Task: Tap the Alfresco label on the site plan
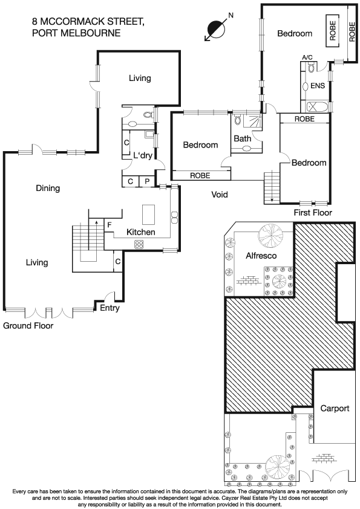coord(261,256)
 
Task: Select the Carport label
coord(335,408)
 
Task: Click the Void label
coord(219,195)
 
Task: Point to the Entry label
coord(110,308)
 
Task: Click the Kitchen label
coord(140,232)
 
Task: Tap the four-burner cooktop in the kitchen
coord(138,244)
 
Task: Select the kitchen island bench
coord(149,215)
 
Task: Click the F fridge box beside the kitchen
coord(110,225)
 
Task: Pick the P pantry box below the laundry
coord(146,181)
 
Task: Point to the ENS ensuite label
coord(318,86)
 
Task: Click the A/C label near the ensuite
coord(307,57)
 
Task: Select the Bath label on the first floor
coord(242,139)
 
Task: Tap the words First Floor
coord(313,213)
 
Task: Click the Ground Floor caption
coord(28,325)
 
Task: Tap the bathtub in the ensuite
coord(316,107)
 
